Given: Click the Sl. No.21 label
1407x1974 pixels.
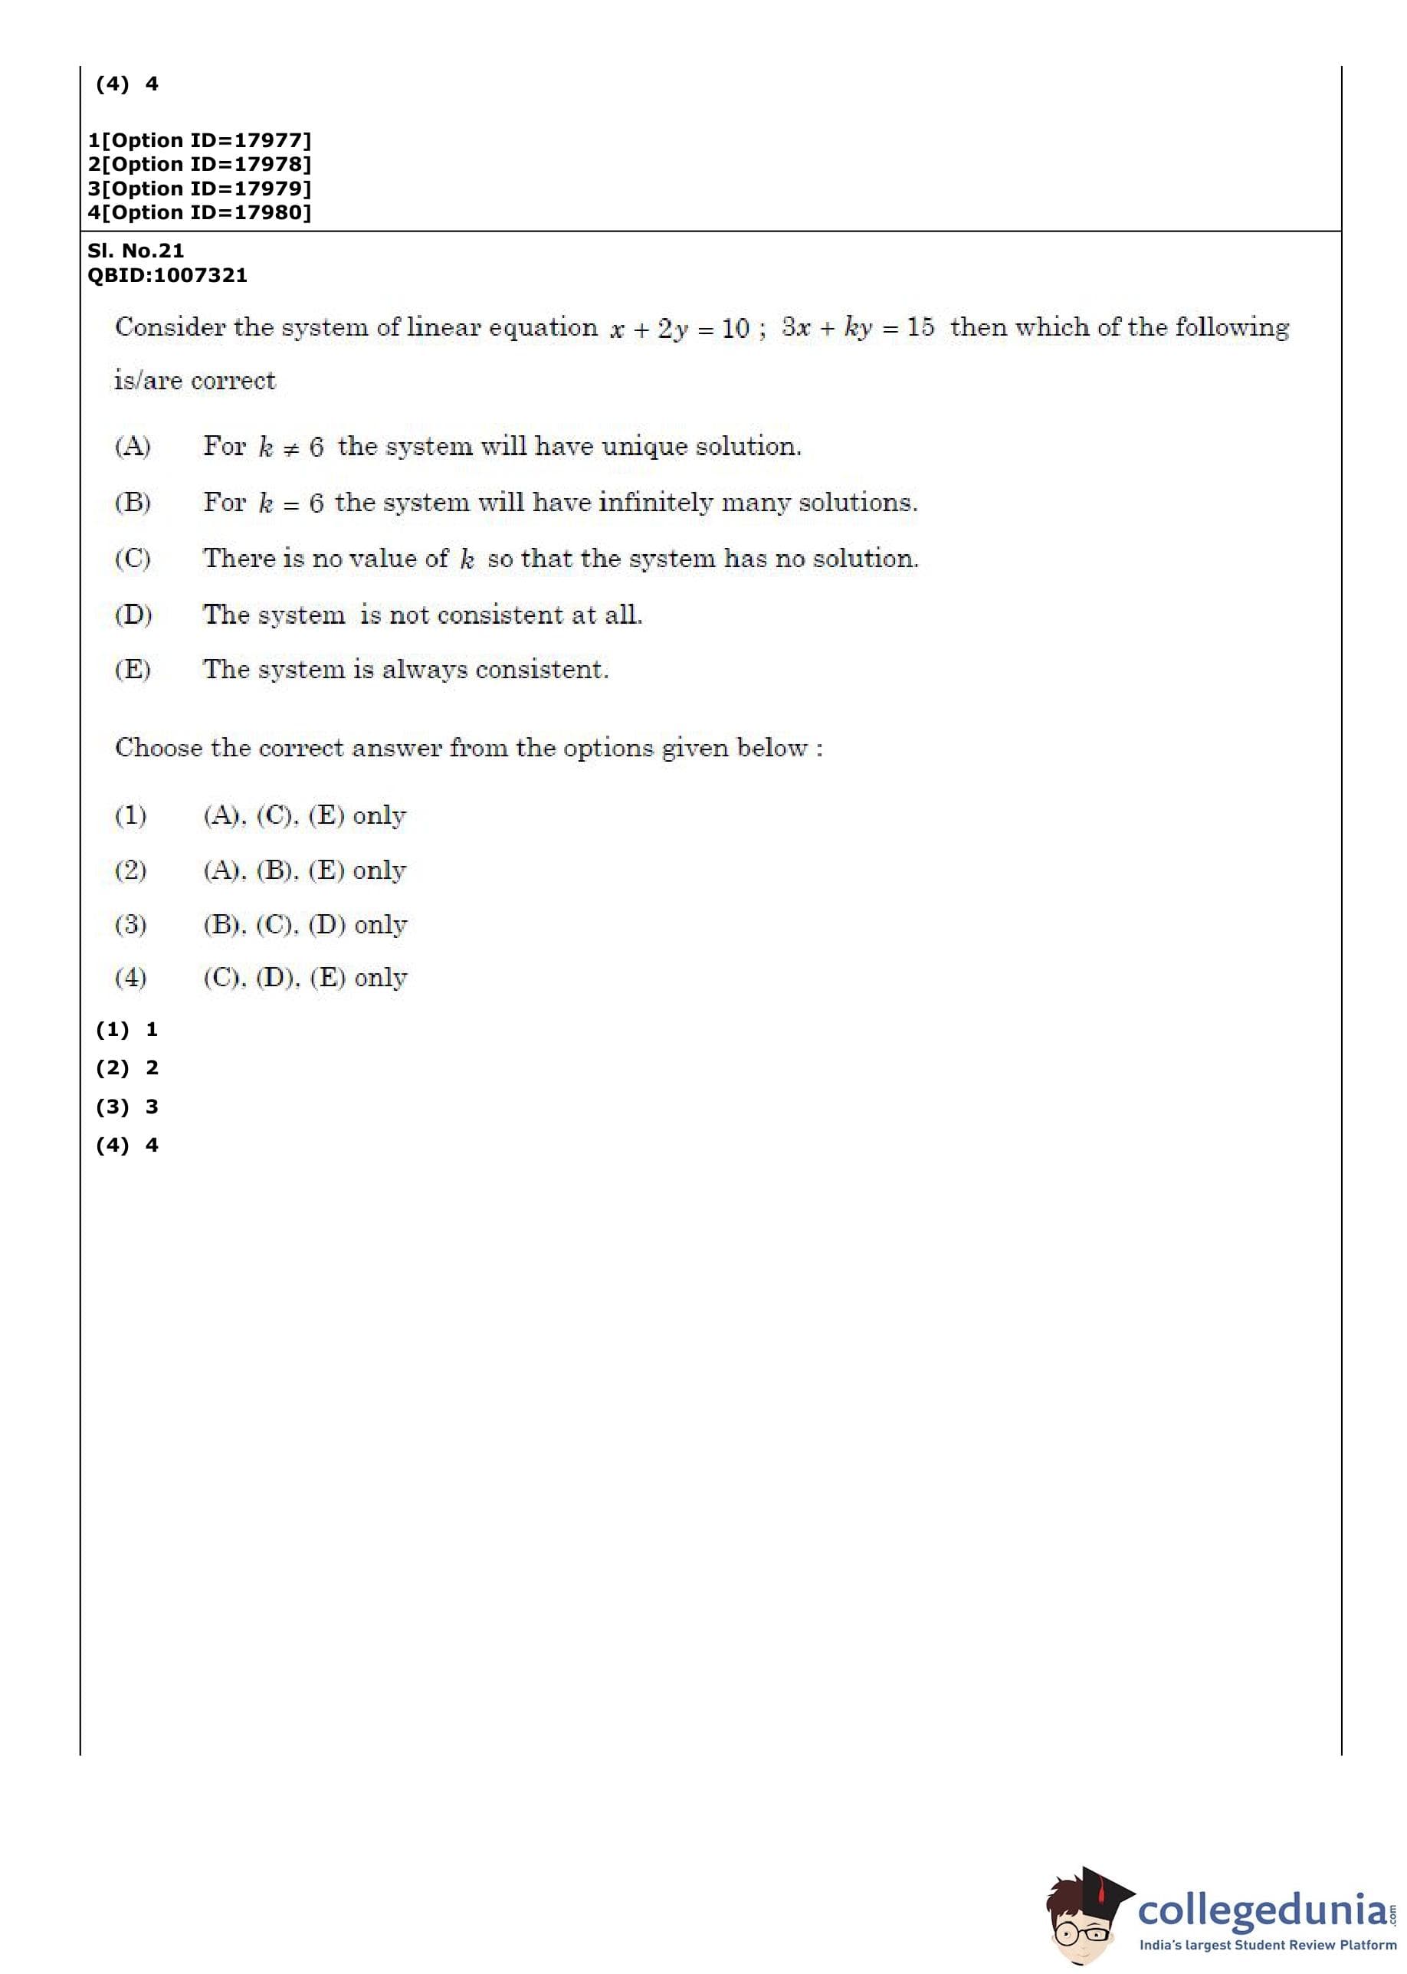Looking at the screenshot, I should (135, 251).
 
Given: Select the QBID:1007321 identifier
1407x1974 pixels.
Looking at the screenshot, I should (167, 275).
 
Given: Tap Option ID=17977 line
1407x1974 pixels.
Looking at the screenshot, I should (199, 140).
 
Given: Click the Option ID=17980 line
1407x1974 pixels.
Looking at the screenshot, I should (199, 212).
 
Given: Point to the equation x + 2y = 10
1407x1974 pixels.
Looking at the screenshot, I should (679, 328).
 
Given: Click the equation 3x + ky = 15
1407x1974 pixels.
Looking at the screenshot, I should (857, 327).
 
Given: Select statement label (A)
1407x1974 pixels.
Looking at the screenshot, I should (133, 446).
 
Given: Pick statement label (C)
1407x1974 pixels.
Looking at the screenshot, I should (133, 559).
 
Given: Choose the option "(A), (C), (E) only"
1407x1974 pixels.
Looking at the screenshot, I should (304, 815).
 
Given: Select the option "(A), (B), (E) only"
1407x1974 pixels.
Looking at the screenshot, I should (304, 870).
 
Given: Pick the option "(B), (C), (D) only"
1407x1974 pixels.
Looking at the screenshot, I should (305, 924).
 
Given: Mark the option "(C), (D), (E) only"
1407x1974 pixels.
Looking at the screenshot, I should (305, 978).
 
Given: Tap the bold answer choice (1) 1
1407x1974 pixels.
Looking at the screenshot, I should (127, 1029).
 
